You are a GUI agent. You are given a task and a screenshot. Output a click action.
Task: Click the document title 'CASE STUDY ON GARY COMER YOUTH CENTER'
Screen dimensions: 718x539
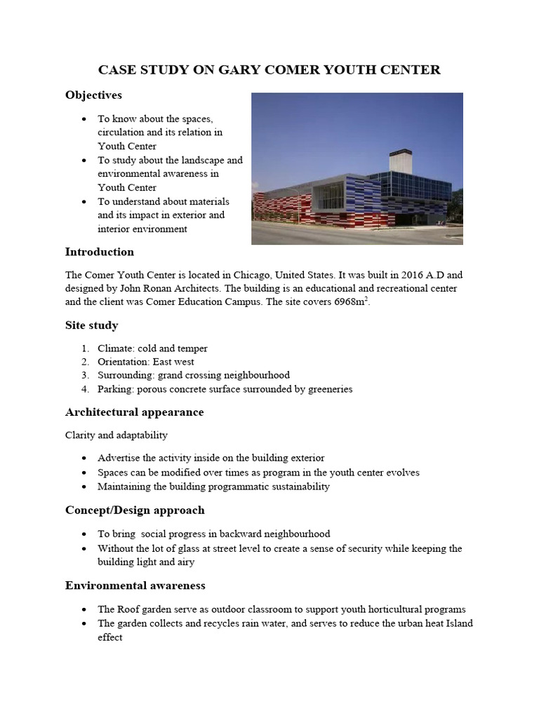click(269, 69)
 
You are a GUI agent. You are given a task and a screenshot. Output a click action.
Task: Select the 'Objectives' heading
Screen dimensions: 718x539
click(93, 95)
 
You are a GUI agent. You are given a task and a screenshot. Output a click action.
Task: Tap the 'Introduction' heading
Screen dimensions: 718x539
click(99, 252)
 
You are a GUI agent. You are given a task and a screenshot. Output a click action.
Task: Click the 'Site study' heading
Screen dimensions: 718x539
click(91, 325)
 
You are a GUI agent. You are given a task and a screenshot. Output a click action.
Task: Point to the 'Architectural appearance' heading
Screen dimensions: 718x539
click(134, 412)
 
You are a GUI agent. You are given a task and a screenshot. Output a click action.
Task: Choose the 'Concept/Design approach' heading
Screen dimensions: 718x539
click(135, 510)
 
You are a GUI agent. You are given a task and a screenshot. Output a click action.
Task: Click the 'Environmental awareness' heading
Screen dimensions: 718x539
click(135, 585)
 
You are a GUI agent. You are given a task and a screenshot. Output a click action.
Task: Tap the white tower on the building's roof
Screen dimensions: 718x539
click(399, 161)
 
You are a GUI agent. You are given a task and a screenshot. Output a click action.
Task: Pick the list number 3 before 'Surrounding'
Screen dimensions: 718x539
click(84, 376)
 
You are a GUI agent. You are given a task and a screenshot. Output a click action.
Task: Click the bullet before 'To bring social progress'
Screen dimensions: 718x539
click(85, 534)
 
